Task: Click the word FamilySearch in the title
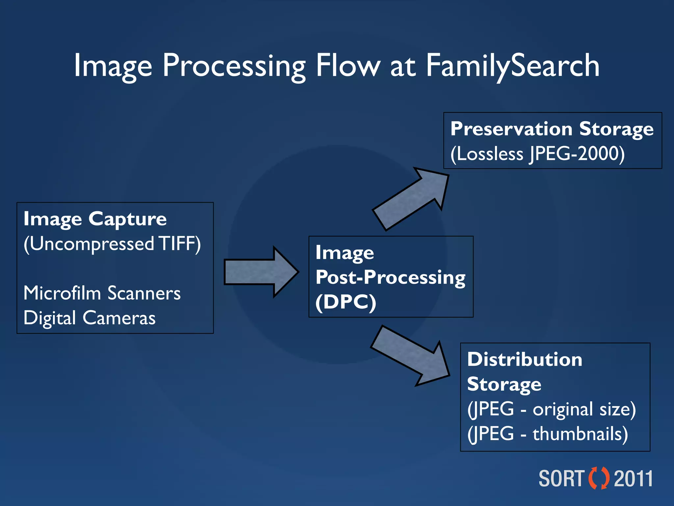point(512,66)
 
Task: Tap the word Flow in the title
point(348,66)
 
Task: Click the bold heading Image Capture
point(95,219)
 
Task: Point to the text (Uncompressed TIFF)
point(112,244)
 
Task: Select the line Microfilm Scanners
point(102,293)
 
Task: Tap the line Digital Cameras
point(90,318)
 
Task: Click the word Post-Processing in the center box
point(390,277)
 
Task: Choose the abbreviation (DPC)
point(346,302)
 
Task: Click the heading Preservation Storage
point(552,129)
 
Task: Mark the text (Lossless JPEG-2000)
point(537,154)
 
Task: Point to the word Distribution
point(525,359)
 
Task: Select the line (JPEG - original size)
point(551,409)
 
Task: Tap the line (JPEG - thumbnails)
point(547,434)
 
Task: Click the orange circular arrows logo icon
point(599,478)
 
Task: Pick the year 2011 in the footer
point(634,479)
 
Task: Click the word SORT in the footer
point(561,479)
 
